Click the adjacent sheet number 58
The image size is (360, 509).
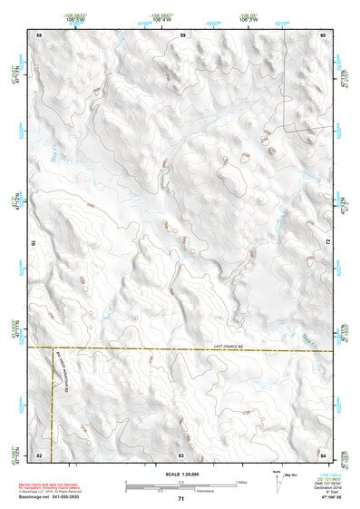click(x=39, y=34)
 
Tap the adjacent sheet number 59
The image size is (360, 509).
click(x=182, y=34)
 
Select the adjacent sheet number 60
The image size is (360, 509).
click(x=322, y=34)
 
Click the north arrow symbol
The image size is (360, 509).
click(x=275, y=477)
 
